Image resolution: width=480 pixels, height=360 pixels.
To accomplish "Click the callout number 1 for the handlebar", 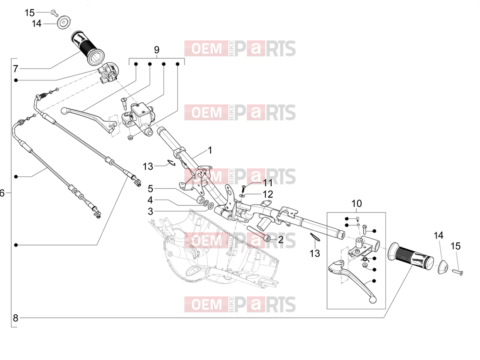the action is [210, 150].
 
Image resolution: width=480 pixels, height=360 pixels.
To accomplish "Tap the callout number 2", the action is [280, 240].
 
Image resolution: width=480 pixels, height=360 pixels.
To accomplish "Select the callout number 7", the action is [15, 69].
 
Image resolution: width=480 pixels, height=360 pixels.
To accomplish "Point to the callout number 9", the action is [156, 50].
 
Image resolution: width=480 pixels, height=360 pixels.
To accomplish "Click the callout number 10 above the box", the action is [356, 204].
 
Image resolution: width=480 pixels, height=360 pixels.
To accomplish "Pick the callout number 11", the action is [268, 183].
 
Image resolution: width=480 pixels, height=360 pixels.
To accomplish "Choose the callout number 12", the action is [268, 194].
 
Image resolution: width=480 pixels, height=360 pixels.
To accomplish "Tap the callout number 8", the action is [15, 318].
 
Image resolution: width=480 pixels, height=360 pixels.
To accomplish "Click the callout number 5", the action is [150, 189].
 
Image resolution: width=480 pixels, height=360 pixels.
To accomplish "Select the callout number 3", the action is [150, 211].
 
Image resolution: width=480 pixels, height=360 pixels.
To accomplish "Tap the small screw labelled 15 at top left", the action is [54, 13].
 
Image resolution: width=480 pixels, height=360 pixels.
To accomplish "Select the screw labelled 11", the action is [244, 188].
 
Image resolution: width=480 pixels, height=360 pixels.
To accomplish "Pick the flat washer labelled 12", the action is [242, 195].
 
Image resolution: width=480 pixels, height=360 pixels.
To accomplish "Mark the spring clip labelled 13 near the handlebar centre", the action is [172, 163].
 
